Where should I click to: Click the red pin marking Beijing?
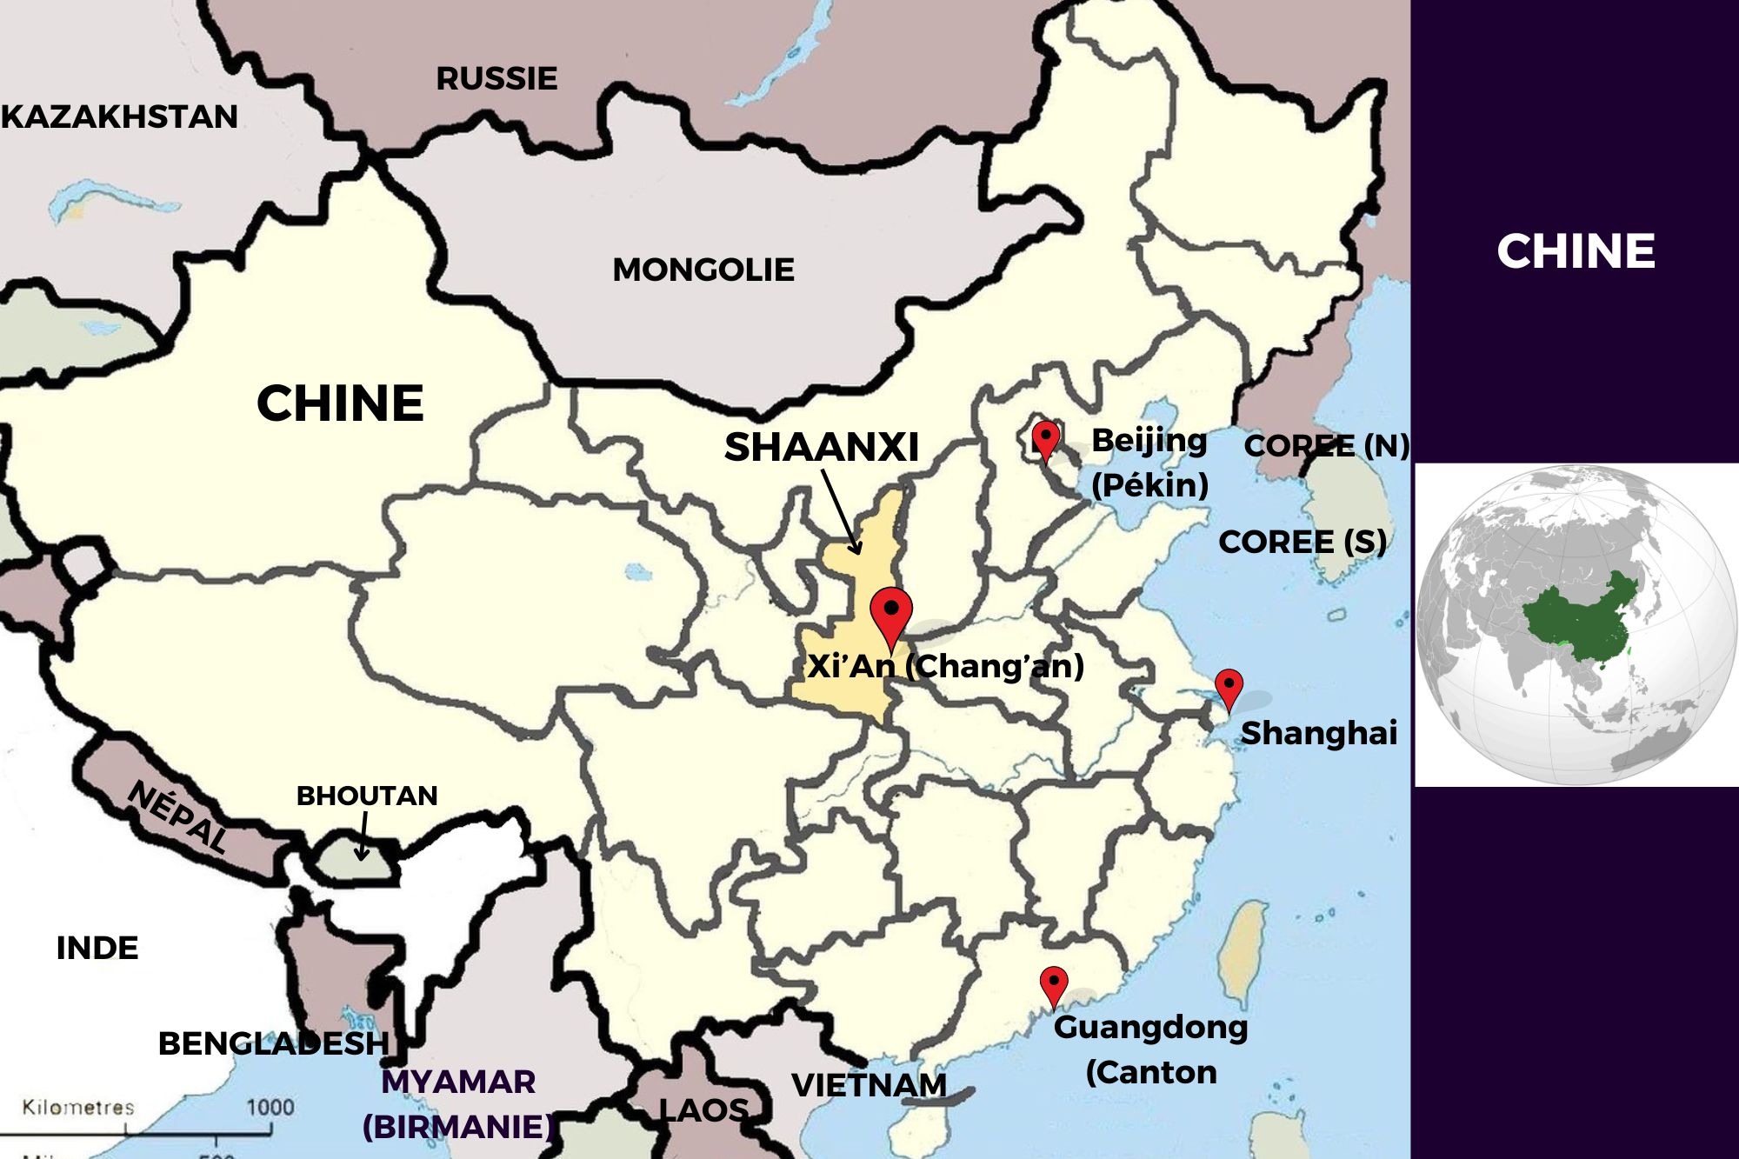click(x=1045, y=437)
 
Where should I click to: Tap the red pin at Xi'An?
click(x=891, y=612)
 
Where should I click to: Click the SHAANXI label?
click(x=822, y=447)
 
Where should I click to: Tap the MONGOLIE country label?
click(x=703, y=270)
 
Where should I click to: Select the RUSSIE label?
click(x=496, y=79)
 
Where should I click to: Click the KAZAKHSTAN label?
click(x=120, y=117)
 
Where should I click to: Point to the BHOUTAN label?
click(x=367, y=796)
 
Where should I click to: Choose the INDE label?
click(x=97, y=948)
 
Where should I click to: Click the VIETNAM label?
click(x=869, y=1085)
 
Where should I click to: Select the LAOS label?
click(x=703, y=1110)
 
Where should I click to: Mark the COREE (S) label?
click(x=1302, y=542)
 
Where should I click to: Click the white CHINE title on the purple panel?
click(x=1576, y=251)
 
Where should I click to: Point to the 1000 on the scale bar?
click(x=270, y=1108)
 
